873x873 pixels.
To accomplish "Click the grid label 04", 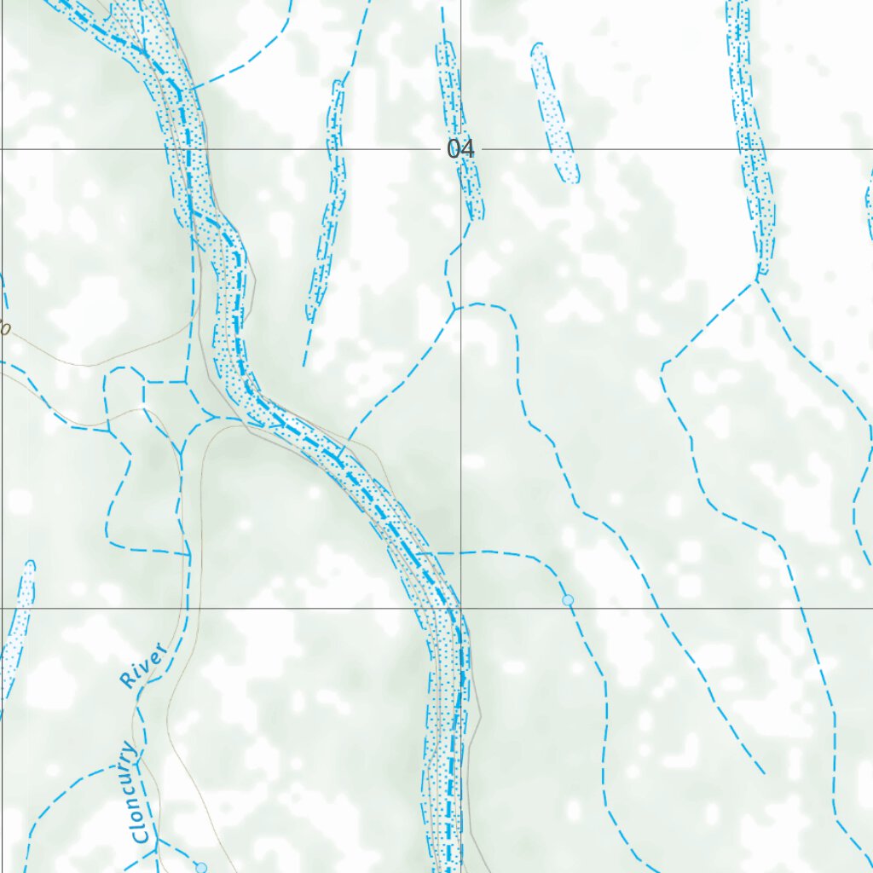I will tap(460, 148).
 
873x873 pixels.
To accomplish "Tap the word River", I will tap(142, 667).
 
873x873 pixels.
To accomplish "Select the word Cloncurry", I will tap(135, 794).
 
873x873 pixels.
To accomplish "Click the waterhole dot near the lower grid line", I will tap(568, 601).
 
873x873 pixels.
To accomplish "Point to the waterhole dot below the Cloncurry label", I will tap(201, 867).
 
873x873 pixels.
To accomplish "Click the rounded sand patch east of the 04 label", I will tap(554, 113).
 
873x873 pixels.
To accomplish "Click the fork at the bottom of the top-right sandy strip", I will tap(757, 280).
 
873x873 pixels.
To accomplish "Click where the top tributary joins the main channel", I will tap(188, 89).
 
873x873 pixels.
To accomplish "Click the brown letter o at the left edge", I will tap(4, 327).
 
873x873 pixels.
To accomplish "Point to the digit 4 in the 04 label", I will tap(466, 148).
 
